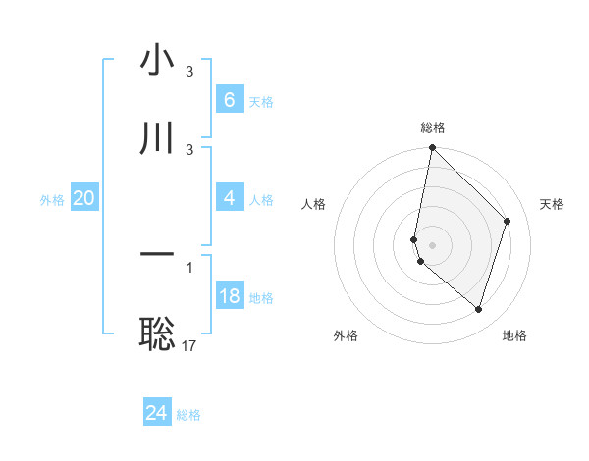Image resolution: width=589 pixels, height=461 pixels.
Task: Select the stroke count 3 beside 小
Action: pos(189,72)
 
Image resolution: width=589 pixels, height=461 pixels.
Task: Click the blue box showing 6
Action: pos(230,100)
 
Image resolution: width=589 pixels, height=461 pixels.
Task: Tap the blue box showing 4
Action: pos(230,198)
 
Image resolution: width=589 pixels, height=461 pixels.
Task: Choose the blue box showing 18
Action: pos(230,296)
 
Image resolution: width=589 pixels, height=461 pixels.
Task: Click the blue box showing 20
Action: pos(84,198)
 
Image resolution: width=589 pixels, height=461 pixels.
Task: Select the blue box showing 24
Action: pos(157,413)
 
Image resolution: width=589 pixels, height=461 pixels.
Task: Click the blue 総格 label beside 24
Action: pos(188,415)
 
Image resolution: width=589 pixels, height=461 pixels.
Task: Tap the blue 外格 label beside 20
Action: pos(52,200)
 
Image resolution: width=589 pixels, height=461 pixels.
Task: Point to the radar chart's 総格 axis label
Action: pos(433,128)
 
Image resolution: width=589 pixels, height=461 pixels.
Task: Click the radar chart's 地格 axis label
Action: pos(514,335)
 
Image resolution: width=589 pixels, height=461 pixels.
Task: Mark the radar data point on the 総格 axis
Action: pos(432,147)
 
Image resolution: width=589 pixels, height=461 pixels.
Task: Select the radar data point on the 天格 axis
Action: pos(508,221)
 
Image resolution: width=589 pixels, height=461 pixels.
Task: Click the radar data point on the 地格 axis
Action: pos(478,309)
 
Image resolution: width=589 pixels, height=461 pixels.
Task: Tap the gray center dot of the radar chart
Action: pos(432,244)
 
